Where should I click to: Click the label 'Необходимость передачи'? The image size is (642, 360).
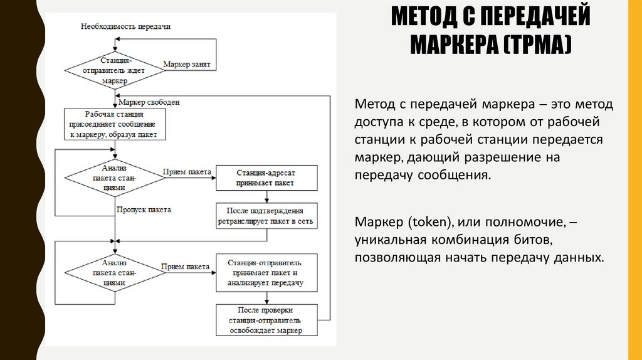click(x=125, y=26)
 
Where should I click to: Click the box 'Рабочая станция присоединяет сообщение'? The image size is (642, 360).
click(x=114, y=124)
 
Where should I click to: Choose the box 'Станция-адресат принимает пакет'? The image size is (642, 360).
click(x=266, y=177)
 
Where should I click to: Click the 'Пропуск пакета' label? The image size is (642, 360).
click(x=144, y=209)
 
